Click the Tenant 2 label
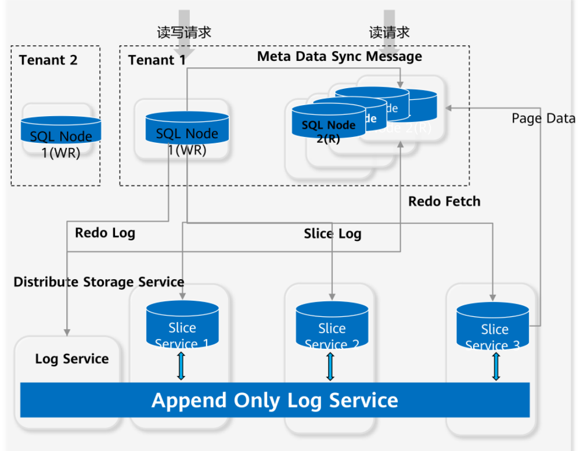tap(48, 60)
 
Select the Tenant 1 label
tap(157, 60)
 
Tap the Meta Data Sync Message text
tap(340, 56)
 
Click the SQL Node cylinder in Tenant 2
tap(61, 131)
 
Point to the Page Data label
tap(543, 118)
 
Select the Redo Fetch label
tap(444, 201)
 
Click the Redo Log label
tap(105, 233)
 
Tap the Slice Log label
tap(333, 234)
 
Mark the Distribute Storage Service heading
tap(99, 282)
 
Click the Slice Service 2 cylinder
tap(332, 326)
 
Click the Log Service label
tap(72, 359)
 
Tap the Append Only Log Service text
tap(275, 401)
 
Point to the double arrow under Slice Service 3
tap(496, 366)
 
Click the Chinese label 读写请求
tap(184, 33)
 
